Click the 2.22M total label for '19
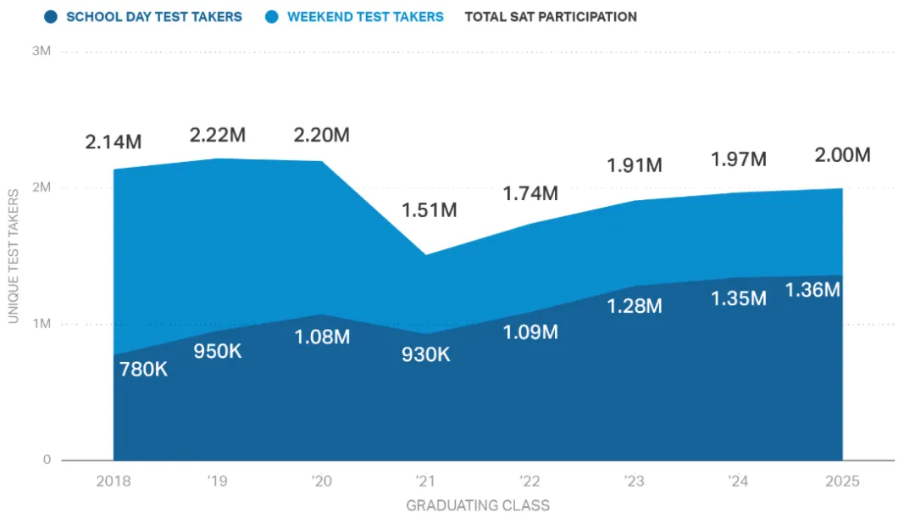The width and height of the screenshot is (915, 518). click(x=218, y=135)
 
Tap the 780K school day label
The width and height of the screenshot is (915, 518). click(x=143, y=369)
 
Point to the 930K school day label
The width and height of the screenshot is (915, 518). click(x=426, y=354)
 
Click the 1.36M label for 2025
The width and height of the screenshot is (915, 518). click(x=812, y=290)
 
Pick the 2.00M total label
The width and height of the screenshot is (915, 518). click(x=842, y=155)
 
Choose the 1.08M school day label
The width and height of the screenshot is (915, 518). click(x=322, y=337)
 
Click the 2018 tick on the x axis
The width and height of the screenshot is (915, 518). click(x=114, y=482)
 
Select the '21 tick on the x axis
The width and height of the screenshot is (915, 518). click(x=426, y=482)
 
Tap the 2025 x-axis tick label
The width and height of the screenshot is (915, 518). click(x=842, y=482)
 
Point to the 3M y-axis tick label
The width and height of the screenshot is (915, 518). click(x=42, y=51)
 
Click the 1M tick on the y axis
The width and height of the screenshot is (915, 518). click(x=42, y=324)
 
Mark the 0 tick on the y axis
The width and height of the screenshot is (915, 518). click(x=47, y=460)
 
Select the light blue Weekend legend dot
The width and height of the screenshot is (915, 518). click(x=272, y=17)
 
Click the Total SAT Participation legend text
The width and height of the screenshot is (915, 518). click(x=551, y=17)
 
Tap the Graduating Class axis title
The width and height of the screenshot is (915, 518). click(x=478, y=505)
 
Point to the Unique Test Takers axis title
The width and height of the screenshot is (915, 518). click(x=14, y=255)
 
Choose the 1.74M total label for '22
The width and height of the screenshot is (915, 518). click(x=530, y=193)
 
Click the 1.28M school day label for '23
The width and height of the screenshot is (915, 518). click(x=635, y=305)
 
